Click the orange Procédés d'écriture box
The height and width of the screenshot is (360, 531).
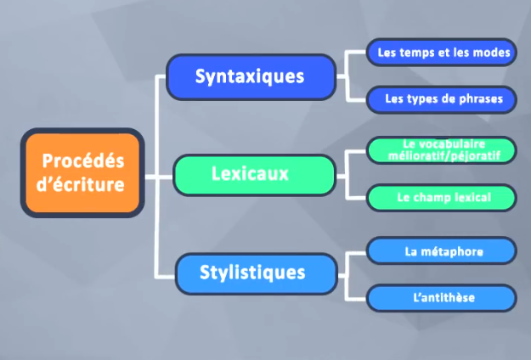[82, 172]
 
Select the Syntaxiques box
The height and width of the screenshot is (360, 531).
[250, 76]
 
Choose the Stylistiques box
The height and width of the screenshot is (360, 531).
[252, 273]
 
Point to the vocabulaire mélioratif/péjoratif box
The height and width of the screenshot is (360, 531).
[441, 150]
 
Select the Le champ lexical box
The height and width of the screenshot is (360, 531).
[441, 198]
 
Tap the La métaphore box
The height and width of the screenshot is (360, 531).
[441, 250]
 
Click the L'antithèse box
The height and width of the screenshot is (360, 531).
[441, 297]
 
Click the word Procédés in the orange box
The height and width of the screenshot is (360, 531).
[82, 160]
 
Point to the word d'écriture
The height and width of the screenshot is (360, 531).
[82, 183]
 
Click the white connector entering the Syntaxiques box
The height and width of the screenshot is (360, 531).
[161, 76]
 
